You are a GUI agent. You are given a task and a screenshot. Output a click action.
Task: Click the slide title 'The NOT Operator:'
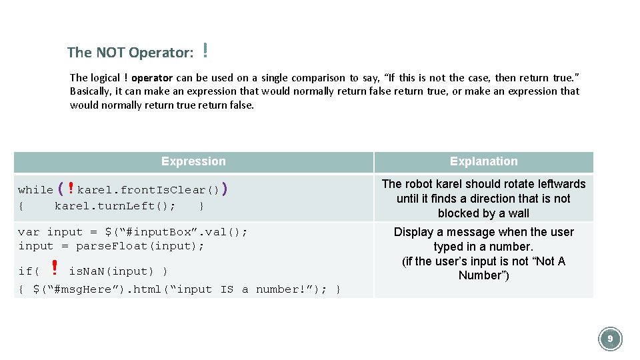point(130,52)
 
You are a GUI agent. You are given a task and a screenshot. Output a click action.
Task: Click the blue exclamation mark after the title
point(206,50)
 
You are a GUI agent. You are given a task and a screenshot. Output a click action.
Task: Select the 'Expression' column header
point(193,161)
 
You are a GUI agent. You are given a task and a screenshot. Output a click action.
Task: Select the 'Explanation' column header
point(483,161)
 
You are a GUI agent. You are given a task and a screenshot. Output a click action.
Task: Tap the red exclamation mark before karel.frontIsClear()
point(71,189)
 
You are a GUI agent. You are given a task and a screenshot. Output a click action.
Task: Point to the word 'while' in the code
point(35,190)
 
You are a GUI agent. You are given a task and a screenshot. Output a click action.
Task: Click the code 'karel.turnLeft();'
point(115,206)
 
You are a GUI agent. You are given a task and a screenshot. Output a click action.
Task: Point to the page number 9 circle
point(609,339)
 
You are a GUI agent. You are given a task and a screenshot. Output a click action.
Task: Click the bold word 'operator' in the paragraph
point(157,77)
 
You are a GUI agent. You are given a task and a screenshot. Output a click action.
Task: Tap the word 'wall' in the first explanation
point(518,213)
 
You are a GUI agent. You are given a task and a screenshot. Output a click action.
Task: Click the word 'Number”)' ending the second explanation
point(483,275)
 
